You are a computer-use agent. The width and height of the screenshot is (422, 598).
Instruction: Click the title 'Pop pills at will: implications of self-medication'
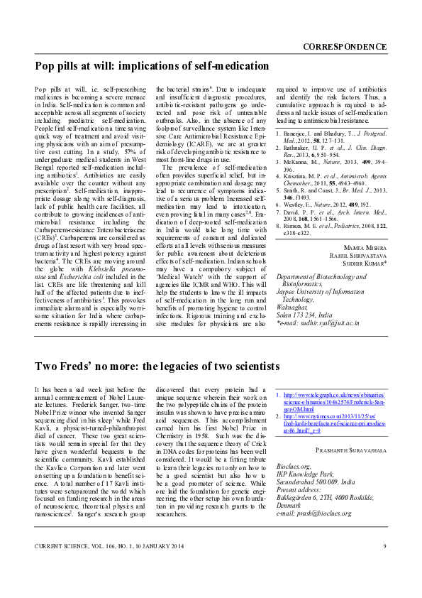pyautogui.click(x=152, y=65)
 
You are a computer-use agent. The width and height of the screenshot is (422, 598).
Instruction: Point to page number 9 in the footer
pyautogui.click(x=384, y=565)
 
